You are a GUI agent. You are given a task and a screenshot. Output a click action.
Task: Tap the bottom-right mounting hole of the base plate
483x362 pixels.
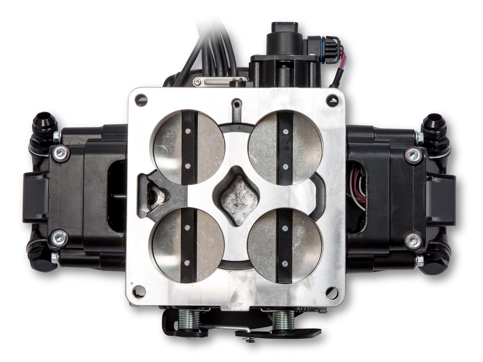[331, 291]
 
